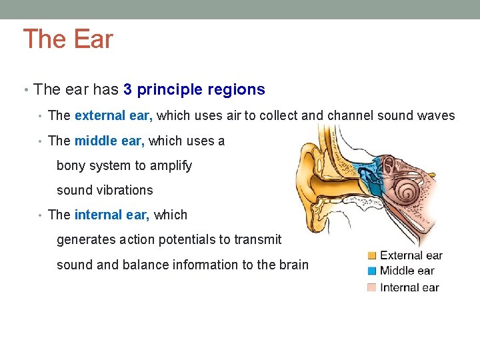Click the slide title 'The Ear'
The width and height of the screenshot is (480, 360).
68,39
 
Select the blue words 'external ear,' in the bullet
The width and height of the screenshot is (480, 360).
113,115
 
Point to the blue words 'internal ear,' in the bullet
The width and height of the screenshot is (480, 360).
112,215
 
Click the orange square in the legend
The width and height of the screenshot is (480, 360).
372,255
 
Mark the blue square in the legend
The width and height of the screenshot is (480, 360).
372,271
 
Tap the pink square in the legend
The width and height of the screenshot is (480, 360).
372,287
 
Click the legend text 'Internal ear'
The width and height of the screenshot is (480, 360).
409,287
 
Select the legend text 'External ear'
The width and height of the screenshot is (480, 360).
411,255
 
